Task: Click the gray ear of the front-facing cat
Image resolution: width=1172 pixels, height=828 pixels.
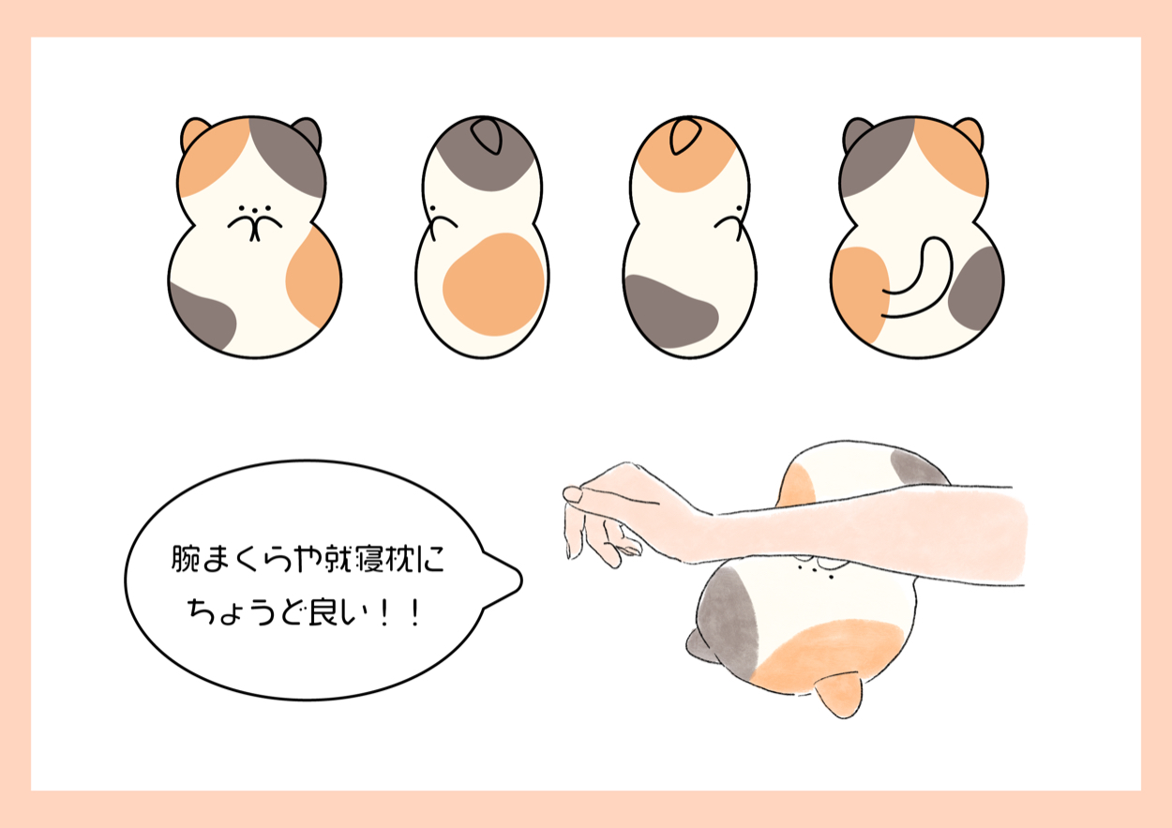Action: [x=308, y=132]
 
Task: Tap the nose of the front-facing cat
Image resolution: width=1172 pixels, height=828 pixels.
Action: [x=255, y=211]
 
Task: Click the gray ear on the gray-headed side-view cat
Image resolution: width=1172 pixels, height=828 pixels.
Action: [x=487, y=136]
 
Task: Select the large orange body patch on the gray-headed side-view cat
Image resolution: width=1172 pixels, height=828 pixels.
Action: [x=494, y=284]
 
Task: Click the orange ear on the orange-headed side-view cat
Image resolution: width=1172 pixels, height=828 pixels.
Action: [x=684, y=136]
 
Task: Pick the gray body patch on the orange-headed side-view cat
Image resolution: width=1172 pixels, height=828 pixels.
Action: [x=669, y=311]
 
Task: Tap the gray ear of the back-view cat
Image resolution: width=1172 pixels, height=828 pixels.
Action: [x=857, y=133]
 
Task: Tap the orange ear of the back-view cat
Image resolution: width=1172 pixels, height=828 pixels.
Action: [x=969, y=133]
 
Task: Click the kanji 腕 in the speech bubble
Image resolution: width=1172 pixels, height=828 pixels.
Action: [x=186, y=559]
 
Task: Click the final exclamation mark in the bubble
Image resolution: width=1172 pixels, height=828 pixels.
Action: [x=416, y=613]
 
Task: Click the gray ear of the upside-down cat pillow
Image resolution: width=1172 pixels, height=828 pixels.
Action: [x=700, y=647]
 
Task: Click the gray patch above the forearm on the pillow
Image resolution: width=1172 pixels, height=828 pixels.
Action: [x=917, y=468]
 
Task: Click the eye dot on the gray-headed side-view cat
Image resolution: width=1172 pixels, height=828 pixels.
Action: [x=433, y=209]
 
